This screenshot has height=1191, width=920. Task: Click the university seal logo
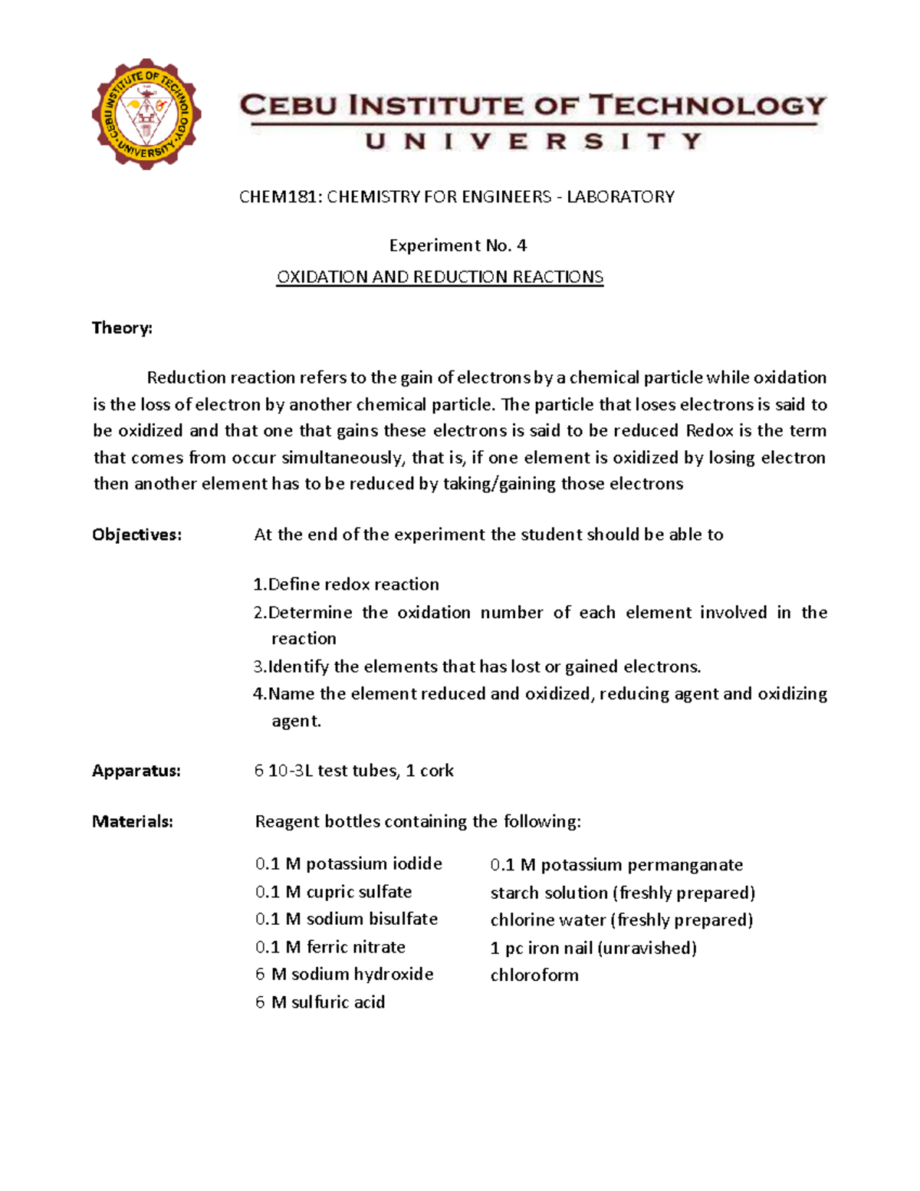pos(146,114)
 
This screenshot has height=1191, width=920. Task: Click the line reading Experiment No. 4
pos(458,245)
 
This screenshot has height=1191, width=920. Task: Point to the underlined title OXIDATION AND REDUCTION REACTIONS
pos(440,277)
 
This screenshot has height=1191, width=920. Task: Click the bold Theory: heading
pos(122,328)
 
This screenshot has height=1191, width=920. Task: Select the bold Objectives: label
pos(137,535)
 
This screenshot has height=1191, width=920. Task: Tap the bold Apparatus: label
pos(136,771)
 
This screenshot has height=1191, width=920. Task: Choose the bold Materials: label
pos(133,821)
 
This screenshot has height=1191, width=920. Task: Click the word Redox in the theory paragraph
pos(709,430)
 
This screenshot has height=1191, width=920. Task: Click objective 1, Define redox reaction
pos(347,584)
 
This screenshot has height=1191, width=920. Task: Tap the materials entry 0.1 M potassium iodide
pos(349,864)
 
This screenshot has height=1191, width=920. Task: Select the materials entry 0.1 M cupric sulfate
pos(333,892)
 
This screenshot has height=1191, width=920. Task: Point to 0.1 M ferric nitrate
pos(330,947)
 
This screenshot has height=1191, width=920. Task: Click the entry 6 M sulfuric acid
pos(320,1002)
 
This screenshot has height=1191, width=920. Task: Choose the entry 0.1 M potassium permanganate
pos(616,865)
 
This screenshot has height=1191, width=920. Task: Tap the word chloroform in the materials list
pos(534,976)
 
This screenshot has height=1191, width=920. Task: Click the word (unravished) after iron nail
pos(646,948)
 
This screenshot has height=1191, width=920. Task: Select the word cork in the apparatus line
pos(437,771)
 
